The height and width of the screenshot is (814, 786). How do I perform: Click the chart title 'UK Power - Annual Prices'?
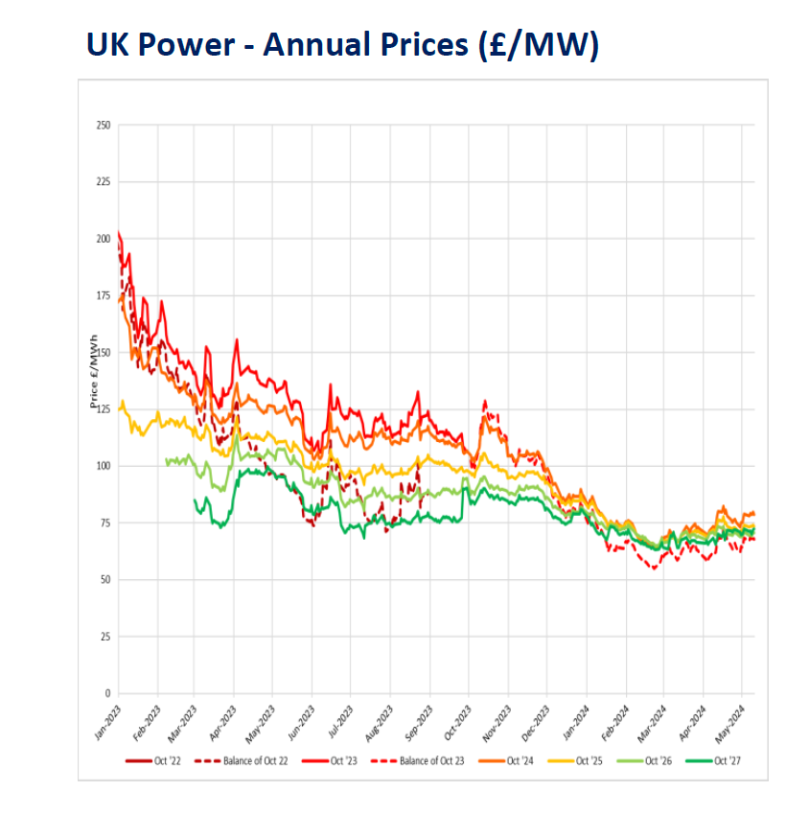(341, 44)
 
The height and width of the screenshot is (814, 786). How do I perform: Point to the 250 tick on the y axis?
(104, 126)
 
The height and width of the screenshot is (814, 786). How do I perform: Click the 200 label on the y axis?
(104, 239)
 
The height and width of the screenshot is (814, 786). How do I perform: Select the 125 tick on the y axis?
(104, 409)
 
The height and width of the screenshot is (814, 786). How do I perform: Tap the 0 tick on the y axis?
(107, 693)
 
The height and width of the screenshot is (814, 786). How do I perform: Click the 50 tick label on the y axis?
(105, 580)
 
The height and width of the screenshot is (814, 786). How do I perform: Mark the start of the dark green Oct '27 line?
(195, 500)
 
